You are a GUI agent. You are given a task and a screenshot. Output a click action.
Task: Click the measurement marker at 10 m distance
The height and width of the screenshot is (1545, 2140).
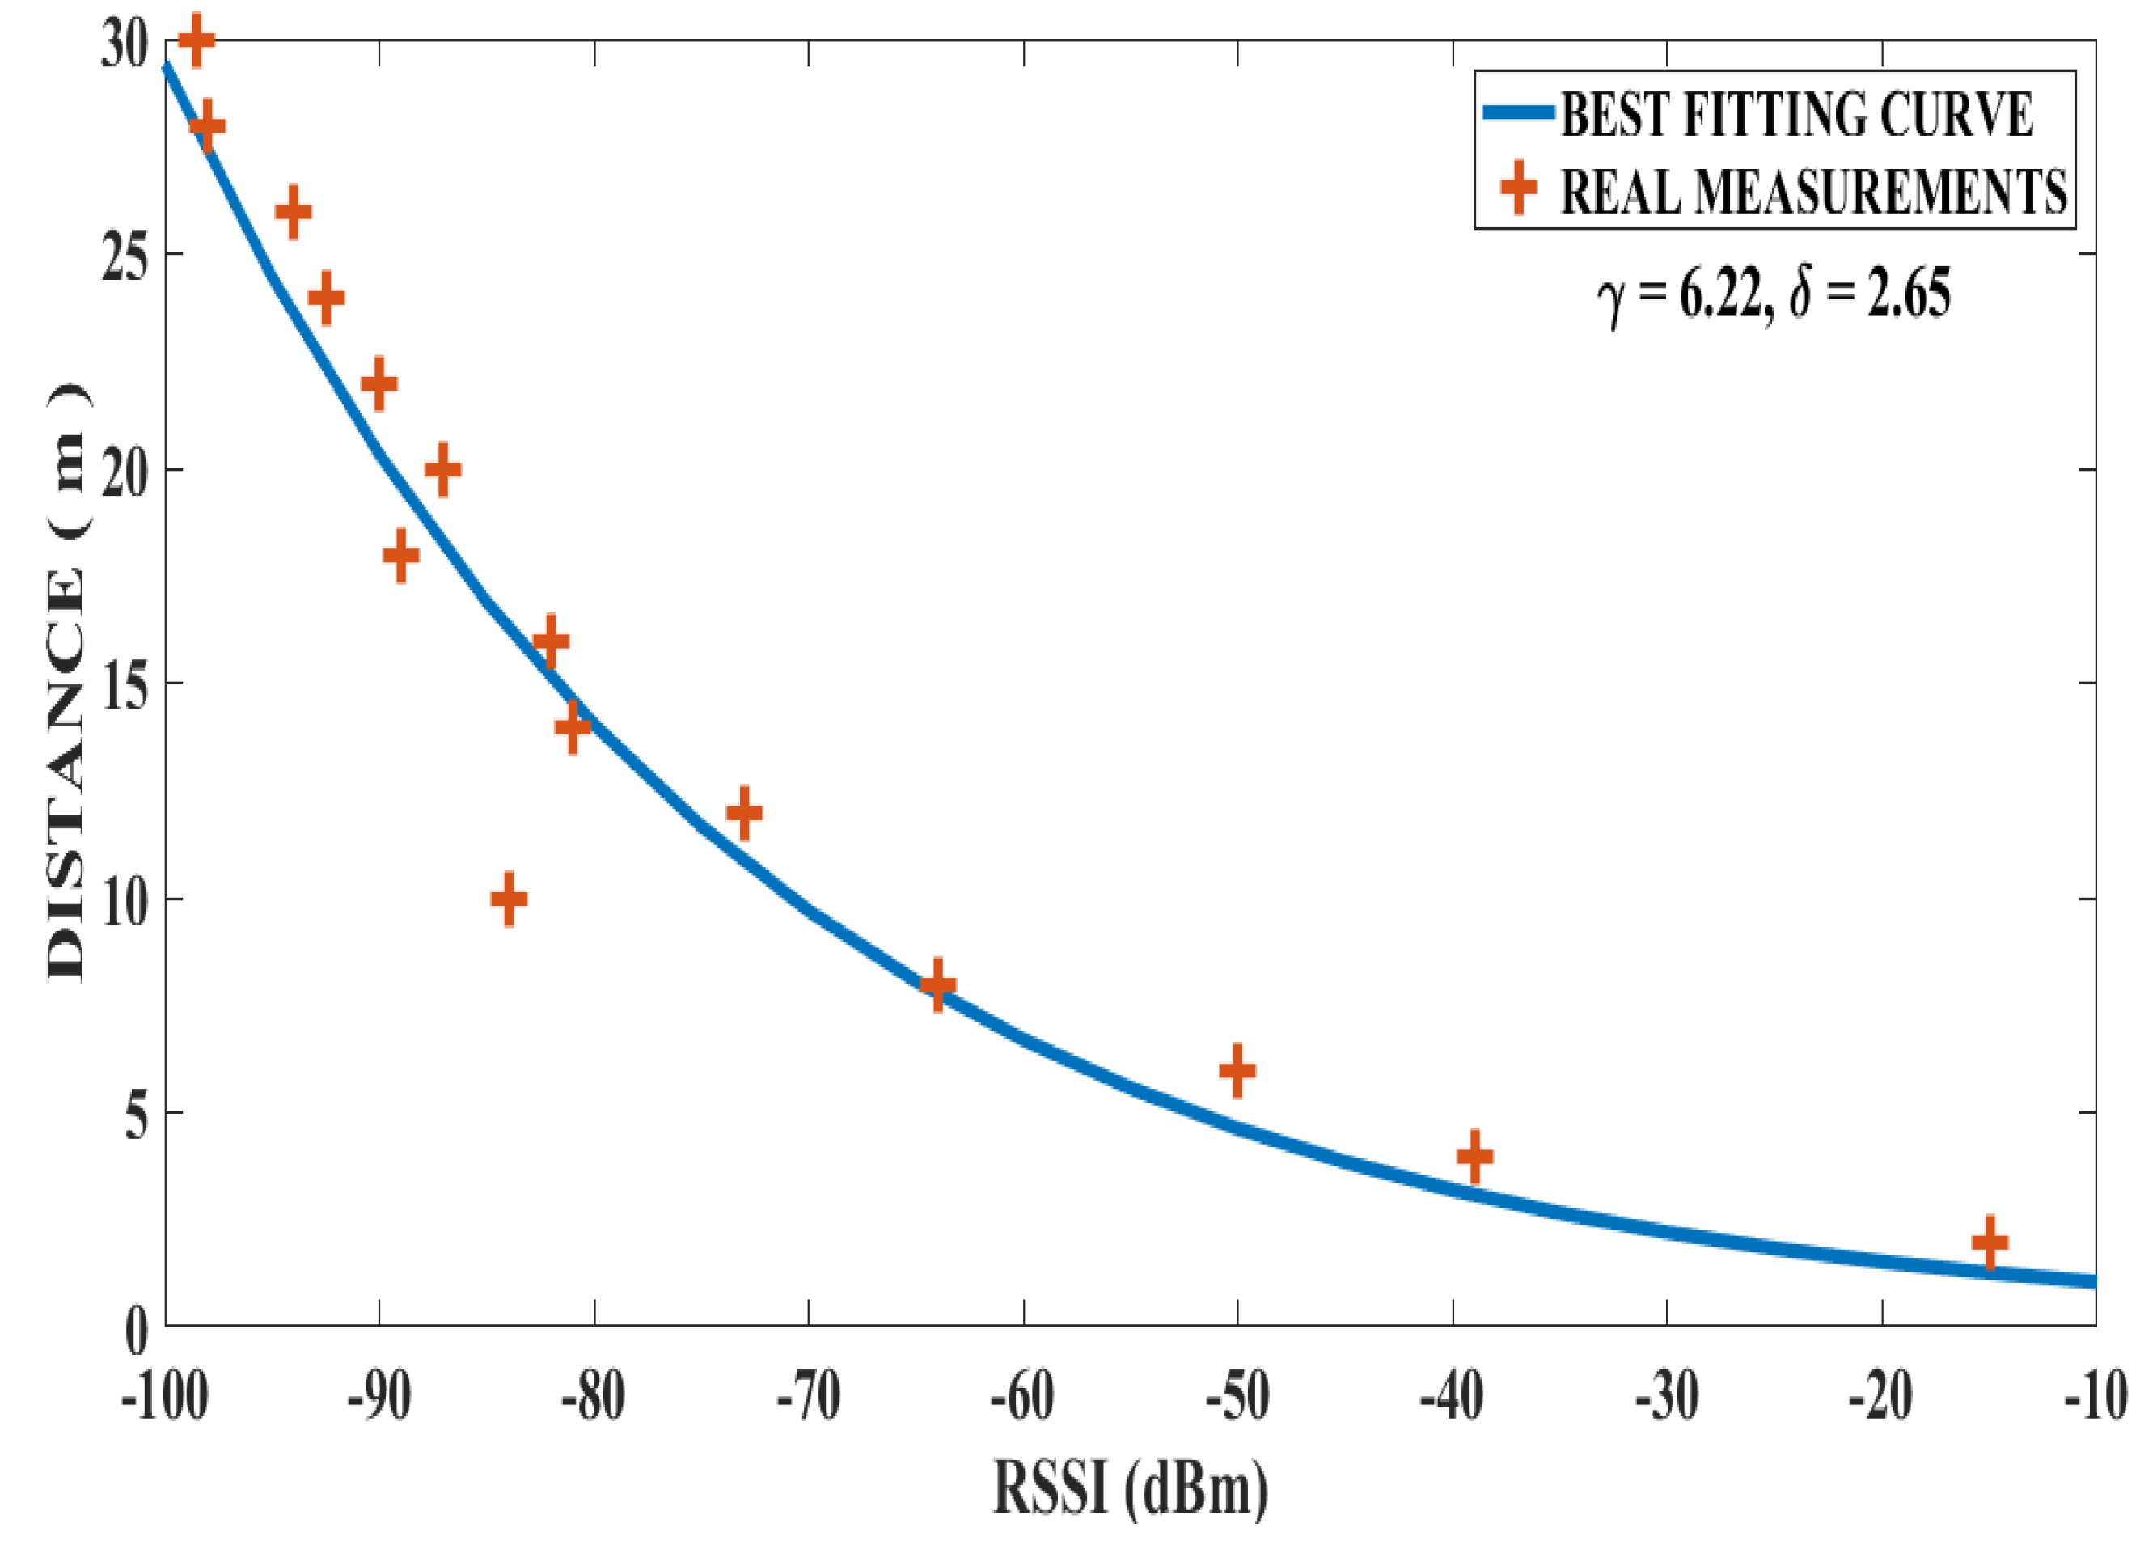coord(509,899)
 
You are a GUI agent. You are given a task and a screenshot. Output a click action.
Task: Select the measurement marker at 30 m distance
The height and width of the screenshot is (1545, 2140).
coord(197,40)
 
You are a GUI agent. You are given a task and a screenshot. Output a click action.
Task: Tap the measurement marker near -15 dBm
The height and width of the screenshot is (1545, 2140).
coord(1989,1242)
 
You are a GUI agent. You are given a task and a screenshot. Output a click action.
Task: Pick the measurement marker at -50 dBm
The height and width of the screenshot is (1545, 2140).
coord(1237,1070)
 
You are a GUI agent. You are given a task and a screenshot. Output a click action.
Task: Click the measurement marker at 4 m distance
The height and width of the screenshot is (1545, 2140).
coord(1474,1156)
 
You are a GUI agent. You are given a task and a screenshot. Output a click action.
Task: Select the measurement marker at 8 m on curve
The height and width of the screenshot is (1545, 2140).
coord(937,984)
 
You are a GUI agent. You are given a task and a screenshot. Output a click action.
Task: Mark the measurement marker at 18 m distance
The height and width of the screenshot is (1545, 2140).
coord(401,555)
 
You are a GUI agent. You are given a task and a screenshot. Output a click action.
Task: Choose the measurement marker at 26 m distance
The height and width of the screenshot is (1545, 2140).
coord(294,211)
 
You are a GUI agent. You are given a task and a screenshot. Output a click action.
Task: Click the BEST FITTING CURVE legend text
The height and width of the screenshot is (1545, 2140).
coord(1795,115)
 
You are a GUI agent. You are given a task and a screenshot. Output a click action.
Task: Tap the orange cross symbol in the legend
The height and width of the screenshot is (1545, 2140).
coord(1518,188)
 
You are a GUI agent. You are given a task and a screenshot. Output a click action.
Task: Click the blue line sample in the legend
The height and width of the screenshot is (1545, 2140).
coord(1518,112)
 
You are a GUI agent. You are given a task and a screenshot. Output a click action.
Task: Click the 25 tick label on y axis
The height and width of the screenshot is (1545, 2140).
coord(125,255)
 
